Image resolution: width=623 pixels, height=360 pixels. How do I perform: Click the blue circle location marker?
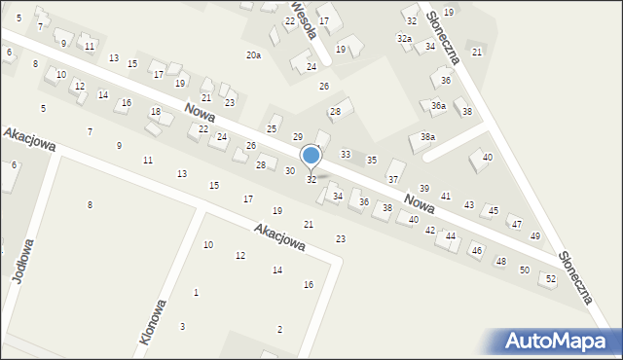tap(311, 155)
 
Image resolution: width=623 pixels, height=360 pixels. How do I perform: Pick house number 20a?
tap(253, 55)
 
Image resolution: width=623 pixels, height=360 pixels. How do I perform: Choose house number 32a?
tap(403, 38)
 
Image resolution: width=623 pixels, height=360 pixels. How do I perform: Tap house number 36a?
tap(438, 105)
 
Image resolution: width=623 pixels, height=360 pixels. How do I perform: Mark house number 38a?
tap(427, 137)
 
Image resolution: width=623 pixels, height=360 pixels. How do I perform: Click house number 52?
tap(551, 278)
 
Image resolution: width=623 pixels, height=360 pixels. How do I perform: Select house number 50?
tap(524, 270)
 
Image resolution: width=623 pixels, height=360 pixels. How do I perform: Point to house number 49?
tap(534, 236)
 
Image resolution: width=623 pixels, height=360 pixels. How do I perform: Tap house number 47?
tap(516, 225)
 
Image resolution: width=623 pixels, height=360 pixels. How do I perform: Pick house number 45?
tap(494, 211)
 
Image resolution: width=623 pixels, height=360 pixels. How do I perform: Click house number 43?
tap(469, 204)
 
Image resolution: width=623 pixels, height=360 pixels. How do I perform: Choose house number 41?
tap(446, 197)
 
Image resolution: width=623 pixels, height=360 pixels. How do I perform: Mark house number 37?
tap(392, 180)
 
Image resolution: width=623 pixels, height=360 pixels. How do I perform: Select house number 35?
tap(371, 160)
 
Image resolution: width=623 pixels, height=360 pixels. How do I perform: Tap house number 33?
tap(345, 155)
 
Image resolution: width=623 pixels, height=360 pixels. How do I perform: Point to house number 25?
tap(272, 129)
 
